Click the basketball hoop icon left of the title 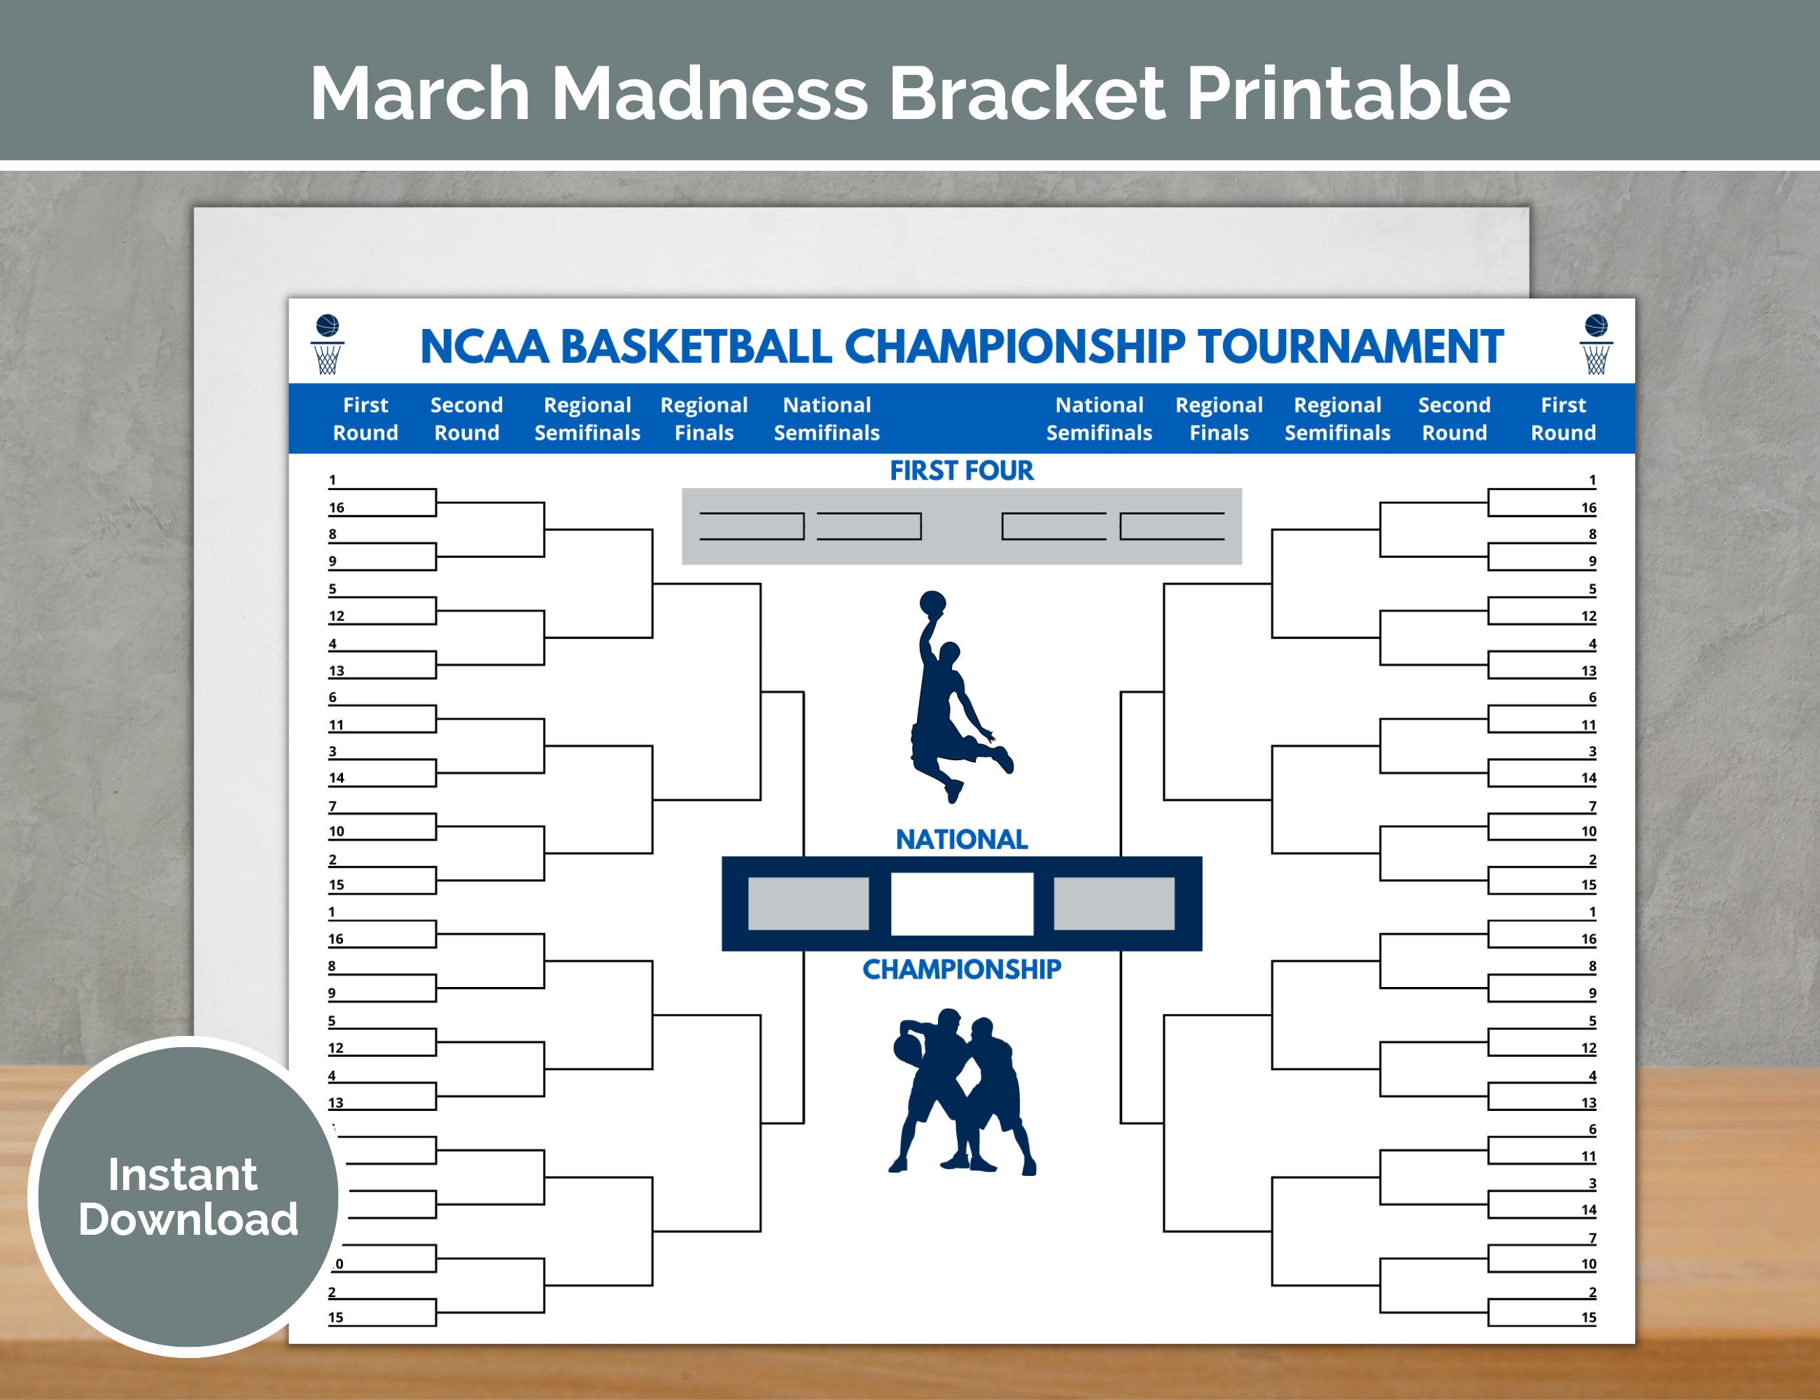(x=328, y=345)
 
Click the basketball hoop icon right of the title (x=1596, y=345)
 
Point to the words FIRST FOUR (x=962, y=471)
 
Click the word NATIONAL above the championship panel (x=962, y=839)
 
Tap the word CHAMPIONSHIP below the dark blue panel (x=962, y=969)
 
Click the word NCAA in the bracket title (x=484, y=346)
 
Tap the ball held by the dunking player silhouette (x=932, y=602)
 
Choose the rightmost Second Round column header (x=1454, y=419)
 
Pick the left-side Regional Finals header (x=704, y=419)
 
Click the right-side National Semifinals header (x=1099, y=419)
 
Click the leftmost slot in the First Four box (x=751, y=526)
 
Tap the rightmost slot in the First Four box (x=1172, y=526)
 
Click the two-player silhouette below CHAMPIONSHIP (x=962, y=1092)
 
